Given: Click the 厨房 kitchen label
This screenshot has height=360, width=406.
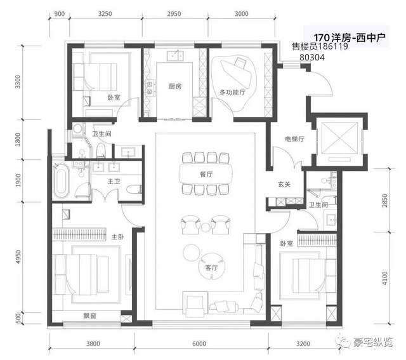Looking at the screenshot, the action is point(175,86).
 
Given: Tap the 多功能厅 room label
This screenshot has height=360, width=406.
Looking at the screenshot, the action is point(232,92).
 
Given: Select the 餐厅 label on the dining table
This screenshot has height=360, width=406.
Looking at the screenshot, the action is point(206,174).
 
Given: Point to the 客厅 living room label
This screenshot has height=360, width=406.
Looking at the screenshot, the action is point(211,267).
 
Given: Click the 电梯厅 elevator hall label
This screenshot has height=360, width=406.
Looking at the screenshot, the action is point(294,139).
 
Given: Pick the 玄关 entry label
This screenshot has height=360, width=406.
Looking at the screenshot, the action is point(284,184).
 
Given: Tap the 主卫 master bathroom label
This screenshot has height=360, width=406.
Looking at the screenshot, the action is point(114,182).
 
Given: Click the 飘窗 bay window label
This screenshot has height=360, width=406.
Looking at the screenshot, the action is point(89,316).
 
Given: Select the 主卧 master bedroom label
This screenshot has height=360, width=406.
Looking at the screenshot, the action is point(117,237).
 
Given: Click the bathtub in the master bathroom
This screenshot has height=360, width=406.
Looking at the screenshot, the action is point(61,181).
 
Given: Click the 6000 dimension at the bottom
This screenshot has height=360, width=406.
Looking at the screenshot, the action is point(199,343).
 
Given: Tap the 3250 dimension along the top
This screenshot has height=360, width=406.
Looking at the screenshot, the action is point(105,13).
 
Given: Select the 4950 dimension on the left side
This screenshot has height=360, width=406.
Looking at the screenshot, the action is point(18,257).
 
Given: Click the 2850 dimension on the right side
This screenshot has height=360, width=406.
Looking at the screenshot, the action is point(385,201).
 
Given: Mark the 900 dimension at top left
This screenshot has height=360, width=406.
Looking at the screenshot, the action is point(59,13).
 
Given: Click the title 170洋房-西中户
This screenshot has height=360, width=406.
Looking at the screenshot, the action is point(350,37).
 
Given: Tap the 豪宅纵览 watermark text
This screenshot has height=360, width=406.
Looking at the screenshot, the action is point(373,343).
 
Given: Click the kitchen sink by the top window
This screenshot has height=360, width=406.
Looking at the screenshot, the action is point(175,56).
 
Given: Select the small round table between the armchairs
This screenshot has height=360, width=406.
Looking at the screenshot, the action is point(206,227).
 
